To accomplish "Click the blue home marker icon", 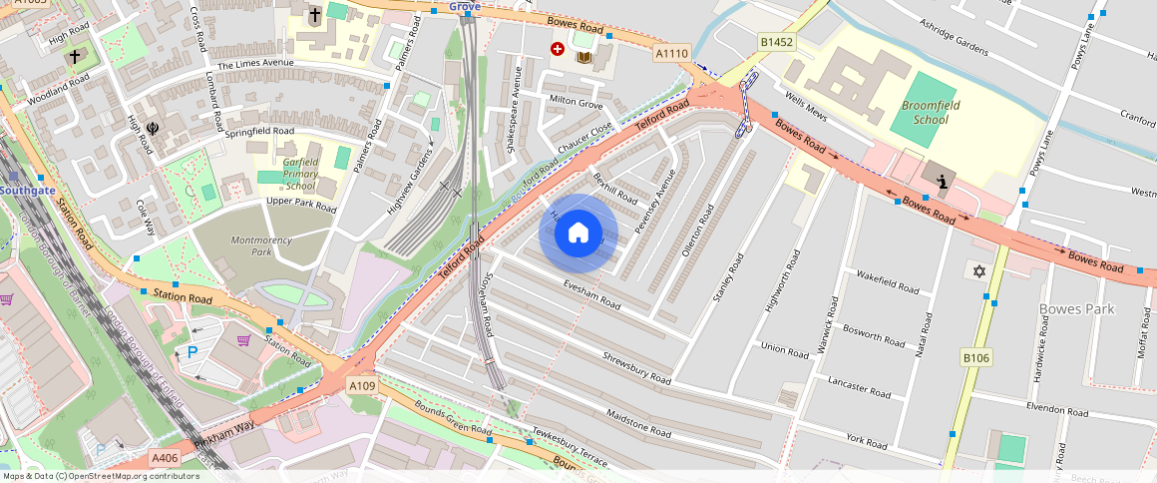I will (578, 234).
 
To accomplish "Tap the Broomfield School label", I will (925, 112).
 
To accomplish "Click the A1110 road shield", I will (671, 52).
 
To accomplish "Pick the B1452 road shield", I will (776, 42).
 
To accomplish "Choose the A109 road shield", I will (363, 384).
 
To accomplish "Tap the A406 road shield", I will (165, 457).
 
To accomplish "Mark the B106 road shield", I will (975, 357).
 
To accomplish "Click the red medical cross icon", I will (558, 48).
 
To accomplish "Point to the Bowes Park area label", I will (1076, 309).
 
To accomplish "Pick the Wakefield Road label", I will (887, 283).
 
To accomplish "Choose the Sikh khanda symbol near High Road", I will (153, 128).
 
